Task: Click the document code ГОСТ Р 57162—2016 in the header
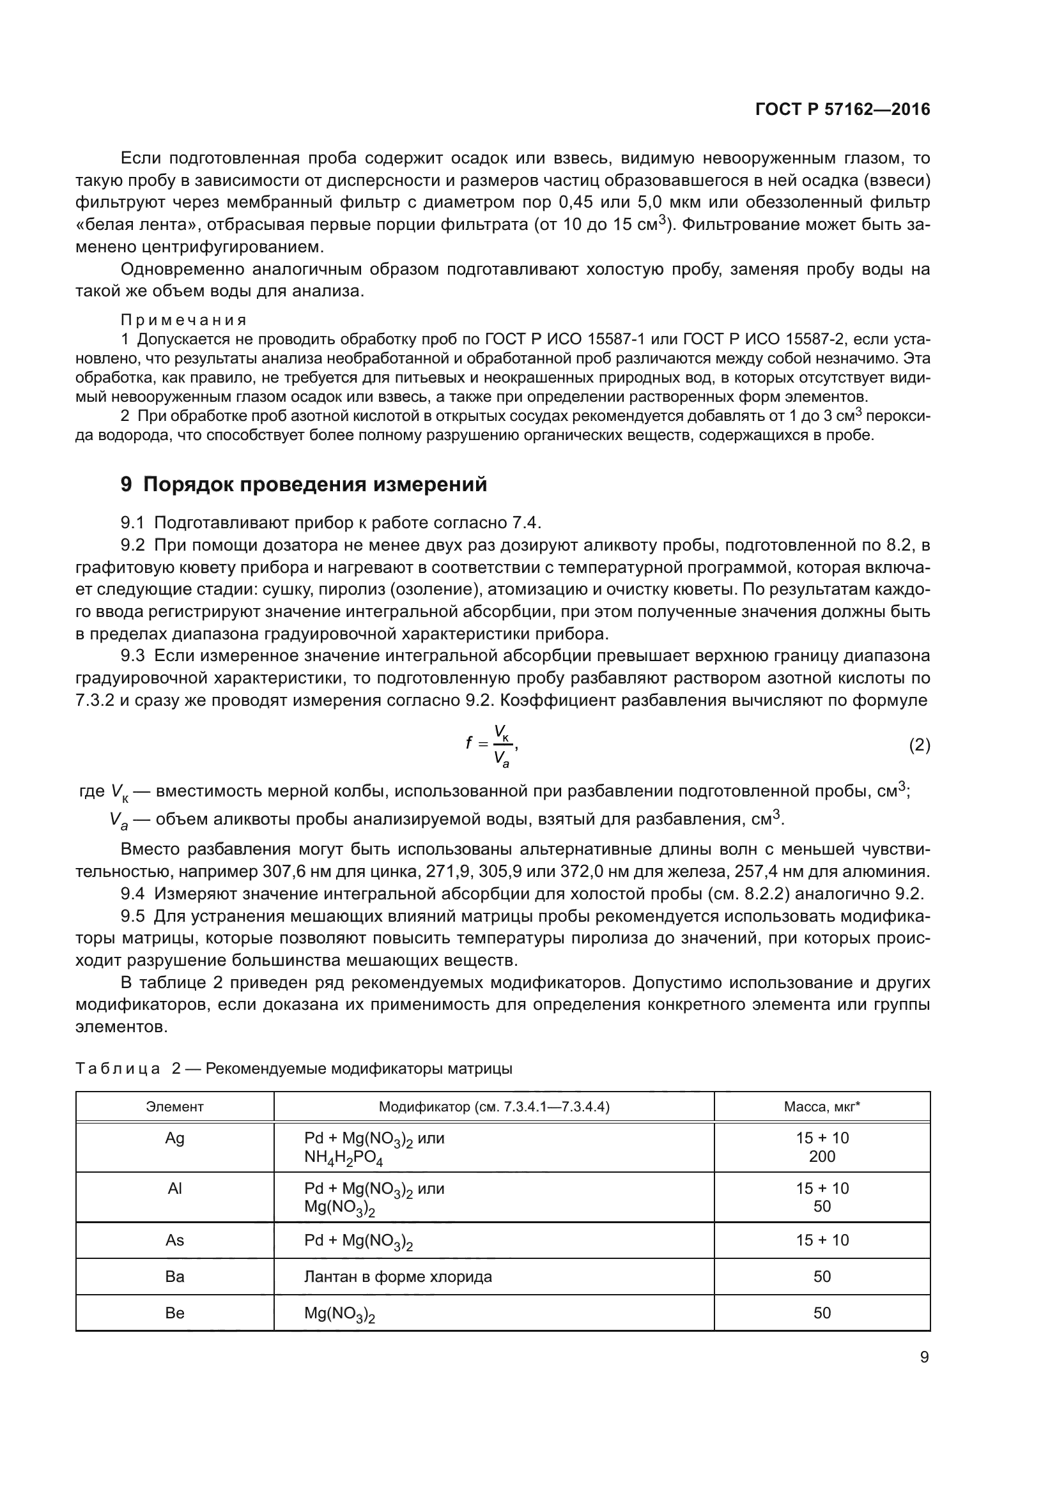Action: coord(842,110)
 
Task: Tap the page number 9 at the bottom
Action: coord(924,1357)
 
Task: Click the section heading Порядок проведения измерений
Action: coord(314,485)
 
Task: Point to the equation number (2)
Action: coord(919,745)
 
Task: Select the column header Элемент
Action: coord(174,1107)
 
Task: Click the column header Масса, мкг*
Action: coord(821,1107)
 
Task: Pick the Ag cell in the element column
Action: coord(174,1139)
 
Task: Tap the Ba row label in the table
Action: coord(174,1276)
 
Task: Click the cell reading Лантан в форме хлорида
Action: coord(397,1276)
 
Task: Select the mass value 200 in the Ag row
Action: coord(822,1157)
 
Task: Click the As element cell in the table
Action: coord(174,1240)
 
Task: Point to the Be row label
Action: coord(174,1313)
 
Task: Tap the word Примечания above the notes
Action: coord(183,320)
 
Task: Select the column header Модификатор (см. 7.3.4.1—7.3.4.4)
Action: coord(494,1107)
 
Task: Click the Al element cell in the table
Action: coord(174,1189)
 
